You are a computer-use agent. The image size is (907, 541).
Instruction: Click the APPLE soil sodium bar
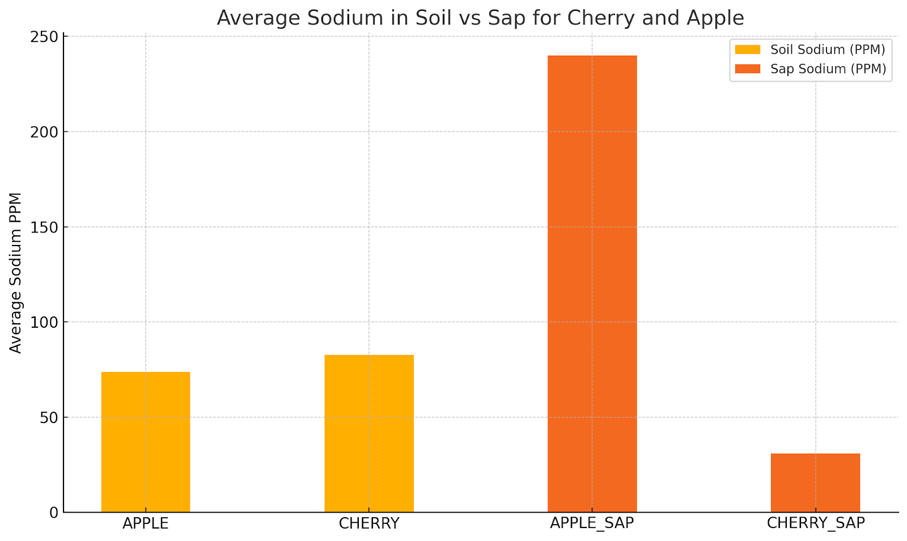pos(146,442)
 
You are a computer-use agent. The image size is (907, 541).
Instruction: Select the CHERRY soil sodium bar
pos(369,433)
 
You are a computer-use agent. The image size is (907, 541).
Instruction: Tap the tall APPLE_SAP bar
pos(592,284)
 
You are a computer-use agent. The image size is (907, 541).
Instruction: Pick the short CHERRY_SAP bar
pos(815,483)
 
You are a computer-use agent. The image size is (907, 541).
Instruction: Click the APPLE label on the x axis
pos(146,523)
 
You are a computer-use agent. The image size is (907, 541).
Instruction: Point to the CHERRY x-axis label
pos(369,523)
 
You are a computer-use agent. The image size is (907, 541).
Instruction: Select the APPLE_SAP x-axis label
pos(592,523)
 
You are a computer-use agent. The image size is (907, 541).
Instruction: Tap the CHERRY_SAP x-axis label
pos(816,523)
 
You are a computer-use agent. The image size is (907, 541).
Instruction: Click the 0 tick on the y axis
pos(54,513)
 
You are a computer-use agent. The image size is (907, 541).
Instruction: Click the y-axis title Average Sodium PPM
pos(16,273)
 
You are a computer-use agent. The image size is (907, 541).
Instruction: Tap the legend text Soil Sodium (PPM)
pos(827,50)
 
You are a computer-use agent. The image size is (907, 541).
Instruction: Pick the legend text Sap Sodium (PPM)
pos(828,69)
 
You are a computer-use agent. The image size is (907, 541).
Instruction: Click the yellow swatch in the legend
pos(747,50)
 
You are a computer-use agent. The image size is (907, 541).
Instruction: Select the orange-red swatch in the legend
pos(747,69)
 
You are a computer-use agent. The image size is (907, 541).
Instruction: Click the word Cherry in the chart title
pos(602,18)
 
